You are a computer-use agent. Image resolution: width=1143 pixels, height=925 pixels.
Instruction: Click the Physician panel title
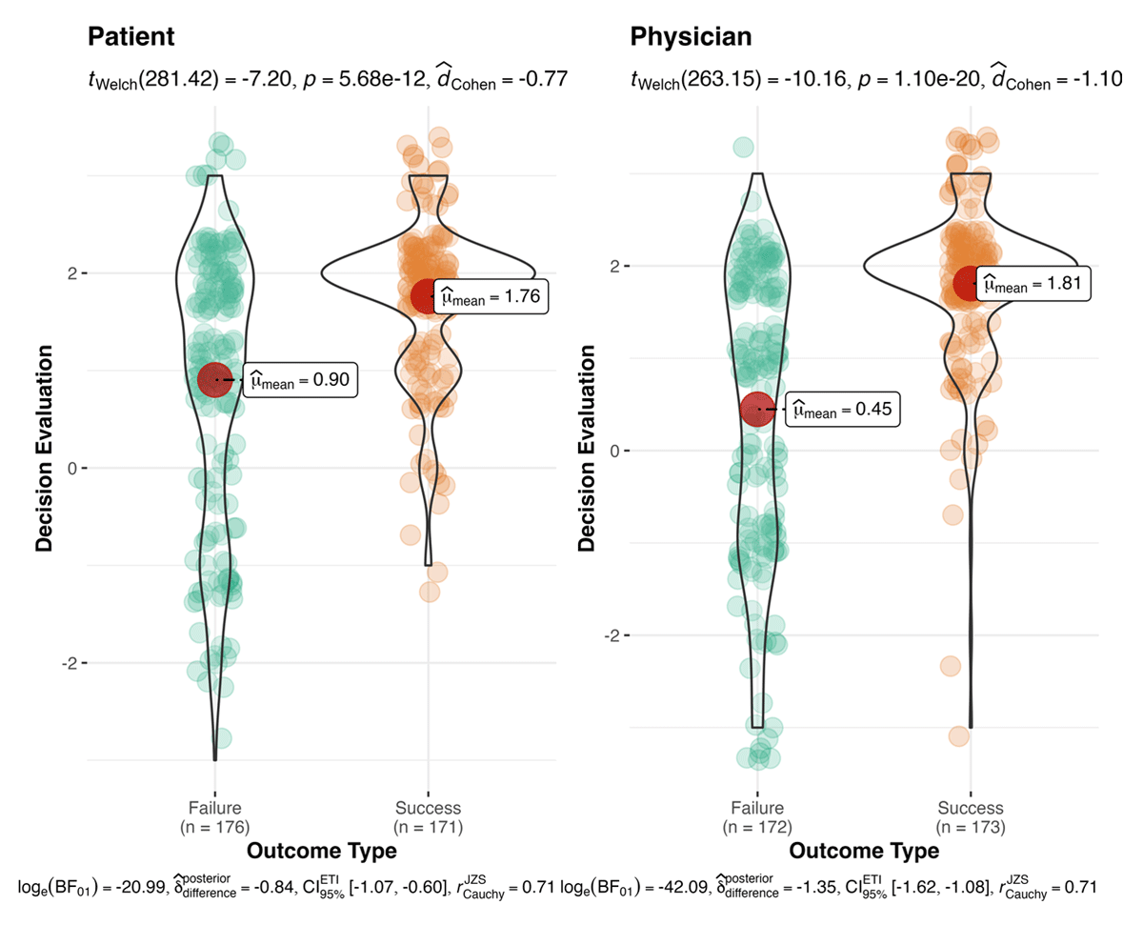[x=691, y=37]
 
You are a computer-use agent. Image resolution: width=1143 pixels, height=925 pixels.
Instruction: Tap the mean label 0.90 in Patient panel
[x=301, y=380]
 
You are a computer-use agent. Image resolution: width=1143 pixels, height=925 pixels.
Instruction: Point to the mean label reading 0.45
[x=842, y=412]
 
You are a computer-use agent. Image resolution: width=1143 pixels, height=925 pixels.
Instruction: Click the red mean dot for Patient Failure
[x=215, y=379]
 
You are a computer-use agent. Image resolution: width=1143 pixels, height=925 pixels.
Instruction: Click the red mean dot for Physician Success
[x=971, y=282]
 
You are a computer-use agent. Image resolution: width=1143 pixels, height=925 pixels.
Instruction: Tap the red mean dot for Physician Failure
[x=757, y=410]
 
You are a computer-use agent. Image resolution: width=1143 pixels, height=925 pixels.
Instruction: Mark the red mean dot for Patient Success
[x=428, y=296]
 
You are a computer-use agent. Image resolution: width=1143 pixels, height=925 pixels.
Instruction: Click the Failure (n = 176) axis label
[x=215, y=817]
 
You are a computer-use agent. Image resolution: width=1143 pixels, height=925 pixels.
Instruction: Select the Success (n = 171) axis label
[x=428, y=817]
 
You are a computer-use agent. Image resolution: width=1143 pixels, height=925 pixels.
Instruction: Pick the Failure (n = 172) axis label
[x=757, y=817]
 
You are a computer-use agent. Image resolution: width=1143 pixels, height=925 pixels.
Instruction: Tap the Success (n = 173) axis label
[x=971, y=817]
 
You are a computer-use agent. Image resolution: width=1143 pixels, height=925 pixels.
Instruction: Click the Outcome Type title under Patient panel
[x=321, y=850]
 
